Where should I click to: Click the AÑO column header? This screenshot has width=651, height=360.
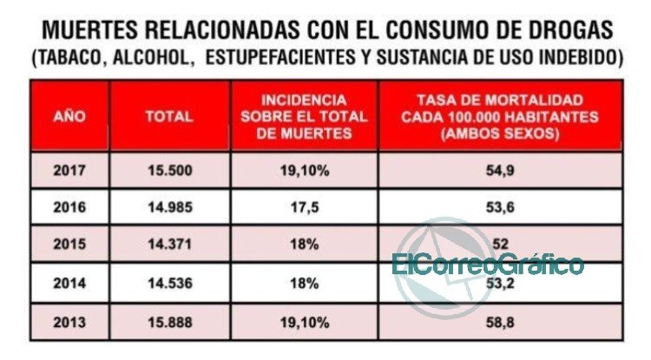pos(69,116)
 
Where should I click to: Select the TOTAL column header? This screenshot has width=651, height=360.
pos(169,116)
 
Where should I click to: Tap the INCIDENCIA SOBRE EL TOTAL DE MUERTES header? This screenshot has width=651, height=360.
pos(305,116)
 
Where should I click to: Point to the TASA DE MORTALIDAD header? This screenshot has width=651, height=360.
pos(500,116)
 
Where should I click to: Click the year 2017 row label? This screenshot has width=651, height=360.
pos(69,171)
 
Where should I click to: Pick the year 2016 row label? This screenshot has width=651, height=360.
pos(69,207)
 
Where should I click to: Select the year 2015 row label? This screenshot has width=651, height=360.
pos(69,244)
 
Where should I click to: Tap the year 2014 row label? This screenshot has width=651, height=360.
pos(69,284)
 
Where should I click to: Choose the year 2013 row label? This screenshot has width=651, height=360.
pos(69,322)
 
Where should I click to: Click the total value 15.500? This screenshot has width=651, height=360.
pos(170,171)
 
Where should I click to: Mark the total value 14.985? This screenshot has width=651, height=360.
pos(170,207)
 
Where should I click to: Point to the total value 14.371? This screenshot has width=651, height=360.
pos(170,244)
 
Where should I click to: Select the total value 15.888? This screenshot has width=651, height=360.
pos(170,322)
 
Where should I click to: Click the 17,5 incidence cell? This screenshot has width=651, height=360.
pos(305,207)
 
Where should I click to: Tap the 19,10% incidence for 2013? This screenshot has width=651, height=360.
pos(305,322)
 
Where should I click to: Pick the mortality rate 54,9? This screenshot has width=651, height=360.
pos(500,171)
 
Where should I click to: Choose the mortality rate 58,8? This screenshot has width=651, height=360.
pos(500,322)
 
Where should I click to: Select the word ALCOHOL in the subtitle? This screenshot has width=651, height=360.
pos(151,57)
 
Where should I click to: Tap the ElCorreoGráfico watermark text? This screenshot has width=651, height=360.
pos(488,264)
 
